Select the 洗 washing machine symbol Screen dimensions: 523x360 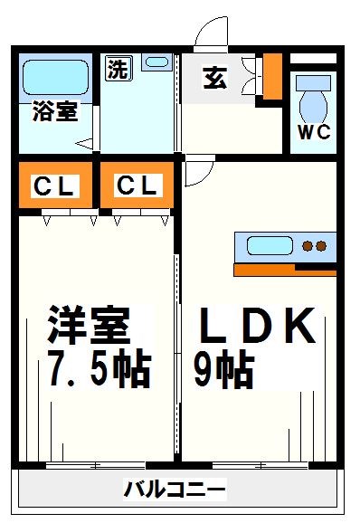(118, 70)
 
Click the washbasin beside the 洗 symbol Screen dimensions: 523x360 (156, 63)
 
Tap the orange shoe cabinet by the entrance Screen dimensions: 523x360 (271, 77)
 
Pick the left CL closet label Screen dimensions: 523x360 (56, 187)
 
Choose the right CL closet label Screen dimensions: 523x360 (137, 187)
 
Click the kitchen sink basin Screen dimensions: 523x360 (270, 245)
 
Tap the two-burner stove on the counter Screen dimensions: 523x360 (314, 245)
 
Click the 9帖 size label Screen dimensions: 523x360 (223, 368)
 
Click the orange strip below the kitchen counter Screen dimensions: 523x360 (285, 269)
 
